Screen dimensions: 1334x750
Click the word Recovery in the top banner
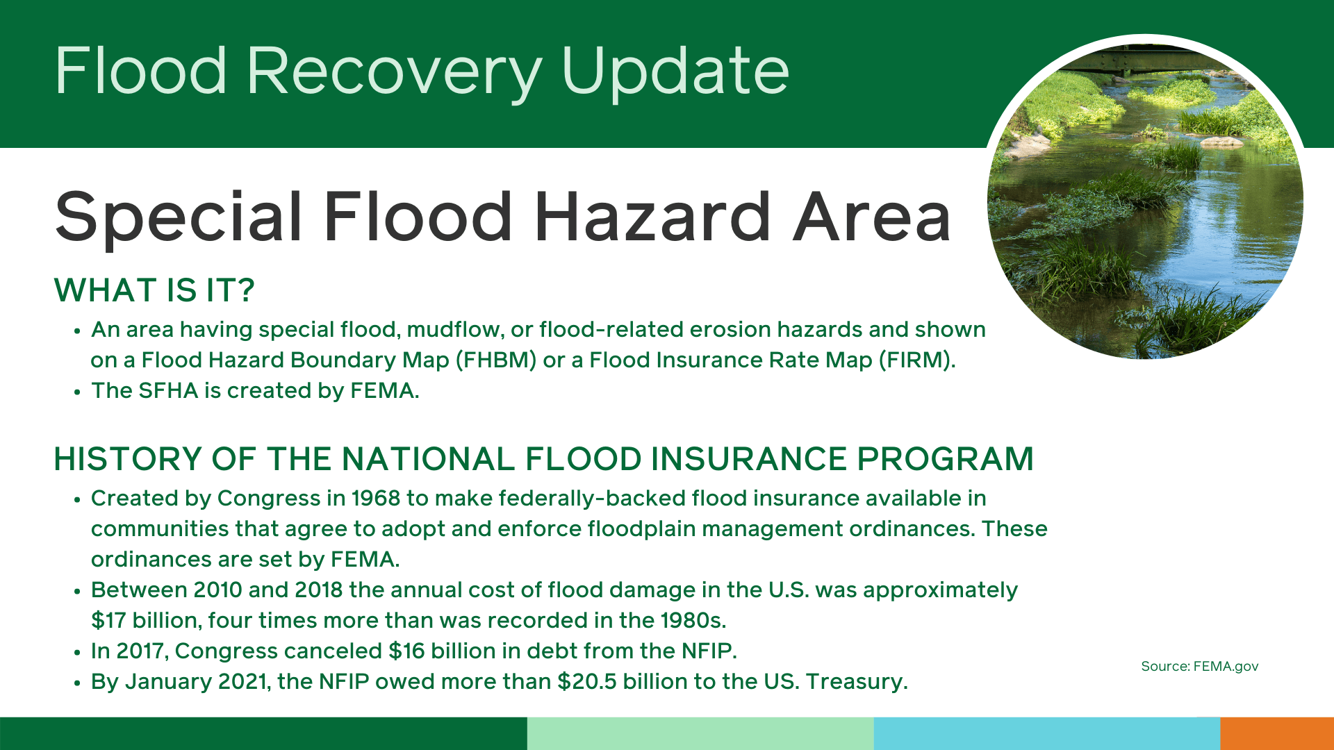click(395, 72)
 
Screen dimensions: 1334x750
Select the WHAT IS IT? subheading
click(154, 290)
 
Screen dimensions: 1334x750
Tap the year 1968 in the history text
click(376, 498)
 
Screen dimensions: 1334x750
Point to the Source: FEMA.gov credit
click(1200, 666)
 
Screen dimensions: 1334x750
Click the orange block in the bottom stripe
click(1277, 733)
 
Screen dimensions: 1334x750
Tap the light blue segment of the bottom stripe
click(1047, 733)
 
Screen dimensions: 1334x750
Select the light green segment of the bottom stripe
click(700, 733)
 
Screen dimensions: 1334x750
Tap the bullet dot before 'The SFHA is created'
click(78, 392)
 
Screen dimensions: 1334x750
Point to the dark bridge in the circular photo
click(1146, 58)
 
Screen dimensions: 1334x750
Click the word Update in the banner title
click(675, 72)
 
